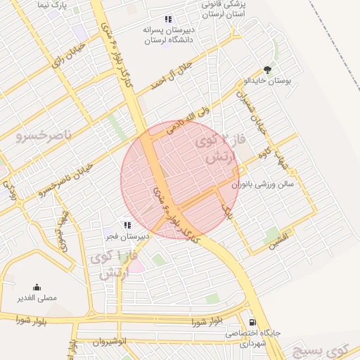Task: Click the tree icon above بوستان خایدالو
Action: pos(267,70)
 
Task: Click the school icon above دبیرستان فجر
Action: pos(127,225)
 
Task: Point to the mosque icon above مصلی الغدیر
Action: pos(37,287)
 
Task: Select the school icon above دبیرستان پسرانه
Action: pos(167,20)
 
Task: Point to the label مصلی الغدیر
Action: pos(37,298)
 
